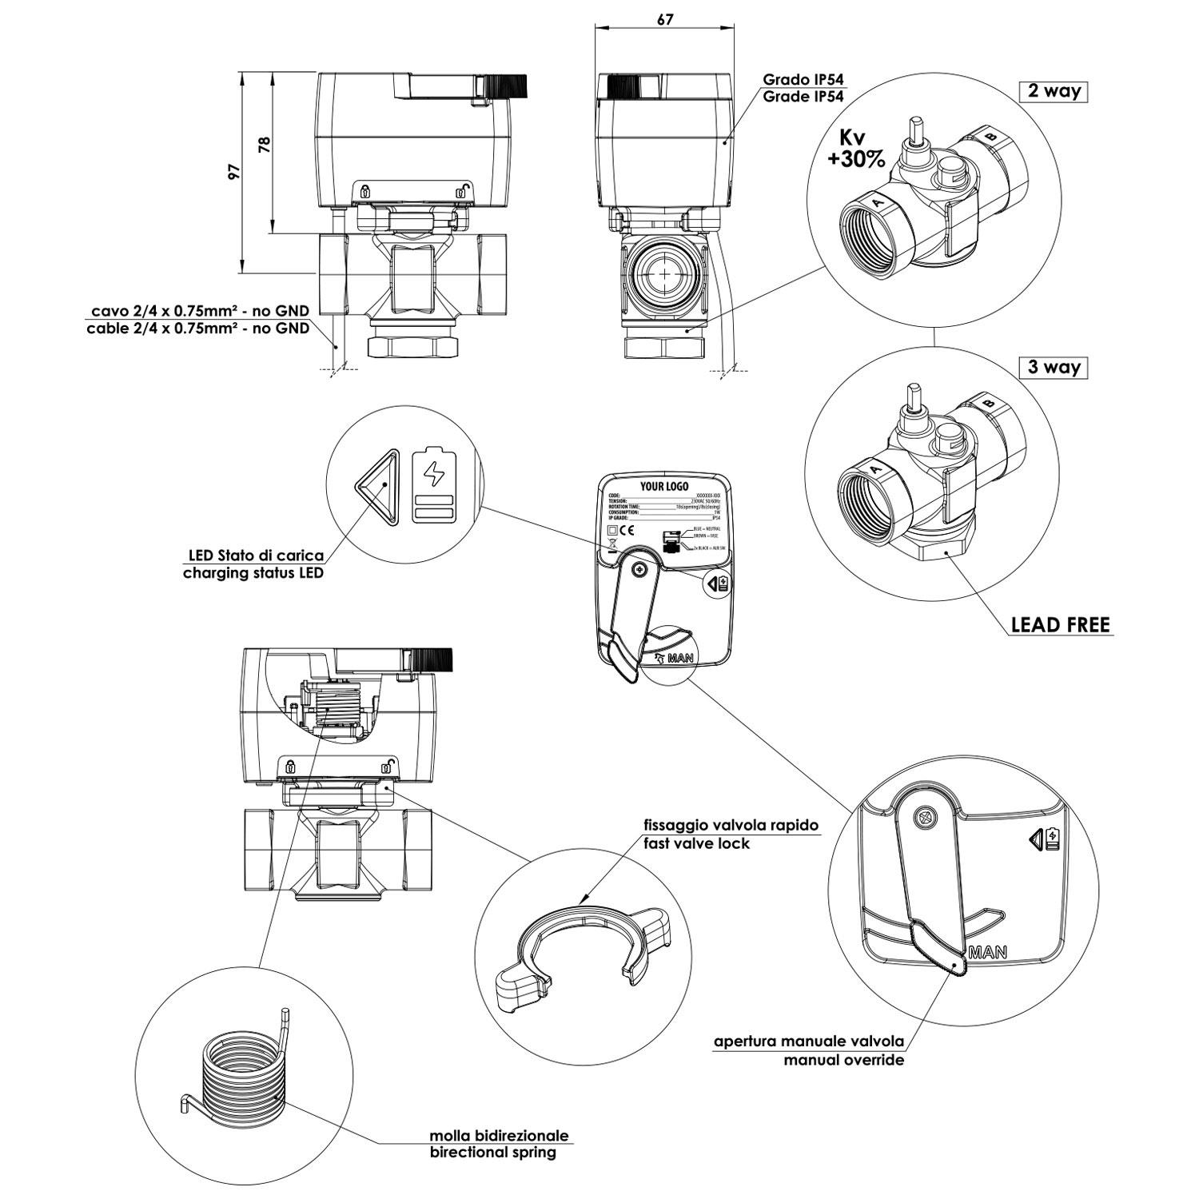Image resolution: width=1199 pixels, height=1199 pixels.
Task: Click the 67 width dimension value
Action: point(664,20)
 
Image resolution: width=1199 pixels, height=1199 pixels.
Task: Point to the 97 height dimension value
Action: point(233,172)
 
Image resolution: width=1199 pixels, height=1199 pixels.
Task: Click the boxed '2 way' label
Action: point(1054,91)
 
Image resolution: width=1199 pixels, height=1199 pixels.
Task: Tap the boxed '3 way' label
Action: point(1054,368)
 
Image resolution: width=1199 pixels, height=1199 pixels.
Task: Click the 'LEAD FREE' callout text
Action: point(1061,625)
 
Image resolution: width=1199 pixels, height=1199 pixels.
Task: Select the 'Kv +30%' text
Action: point(856,150)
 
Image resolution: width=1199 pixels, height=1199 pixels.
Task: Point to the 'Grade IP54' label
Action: point(803,97)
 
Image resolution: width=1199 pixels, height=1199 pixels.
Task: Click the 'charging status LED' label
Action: point(253,573)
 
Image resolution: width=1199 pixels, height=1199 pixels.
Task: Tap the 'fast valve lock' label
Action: point(697,843)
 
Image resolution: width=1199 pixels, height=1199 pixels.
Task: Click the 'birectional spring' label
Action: point(492,1153)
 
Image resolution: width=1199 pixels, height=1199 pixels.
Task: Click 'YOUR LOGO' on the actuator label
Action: point(663,487)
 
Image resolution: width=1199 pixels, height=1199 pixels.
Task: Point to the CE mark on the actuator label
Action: point(626,530)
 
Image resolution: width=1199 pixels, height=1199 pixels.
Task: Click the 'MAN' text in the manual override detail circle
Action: point(987,953)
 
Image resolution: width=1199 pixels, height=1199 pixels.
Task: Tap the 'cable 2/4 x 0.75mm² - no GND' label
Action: point(197,329)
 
